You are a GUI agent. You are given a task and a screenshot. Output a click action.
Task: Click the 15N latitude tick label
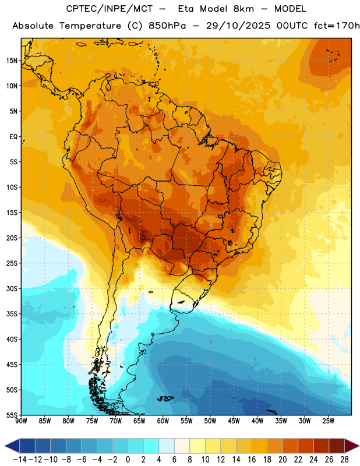(x=12, y=61)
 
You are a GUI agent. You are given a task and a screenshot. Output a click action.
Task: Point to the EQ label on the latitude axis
(x=13, y=137)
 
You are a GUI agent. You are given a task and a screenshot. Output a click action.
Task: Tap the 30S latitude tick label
(x=12, y=288)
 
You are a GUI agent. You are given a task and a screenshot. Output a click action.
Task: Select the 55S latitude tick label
(x=12, y=415)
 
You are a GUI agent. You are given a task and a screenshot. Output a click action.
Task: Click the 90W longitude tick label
(x=21, y=421)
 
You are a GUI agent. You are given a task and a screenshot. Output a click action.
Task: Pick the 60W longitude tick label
(x=163, y=421)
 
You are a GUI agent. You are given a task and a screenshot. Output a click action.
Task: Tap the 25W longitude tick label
(x=328, y=421)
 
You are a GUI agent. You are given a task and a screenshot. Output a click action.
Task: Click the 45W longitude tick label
(x=234, y=421)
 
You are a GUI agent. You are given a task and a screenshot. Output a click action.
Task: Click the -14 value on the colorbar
(x=20, y=460)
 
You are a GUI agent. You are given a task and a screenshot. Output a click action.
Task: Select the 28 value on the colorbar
(x=344, y=460)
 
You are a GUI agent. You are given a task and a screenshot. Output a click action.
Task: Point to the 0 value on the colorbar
(x=128, y=460)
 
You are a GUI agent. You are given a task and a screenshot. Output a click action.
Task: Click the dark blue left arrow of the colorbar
(x=12, y=446)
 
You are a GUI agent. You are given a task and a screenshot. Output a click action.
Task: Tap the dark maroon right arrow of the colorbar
(x=352, y=446)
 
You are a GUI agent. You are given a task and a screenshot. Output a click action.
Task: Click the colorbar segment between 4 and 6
(x=167, y=446)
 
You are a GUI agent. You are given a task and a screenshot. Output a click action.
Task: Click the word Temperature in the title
(x=90, y=26)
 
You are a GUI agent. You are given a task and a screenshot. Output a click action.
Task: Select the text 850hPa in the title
(x=167, y=26)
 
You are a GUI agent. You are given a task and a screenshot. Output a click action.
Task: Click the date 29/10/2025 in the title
(x=238, y=26)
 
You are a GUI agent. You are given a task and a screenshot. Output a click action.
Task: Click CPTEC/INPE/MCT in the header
(x=110, y=9)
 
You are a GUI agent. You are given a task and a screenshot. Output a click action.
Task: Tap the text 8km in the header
(x=243, y=9)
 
